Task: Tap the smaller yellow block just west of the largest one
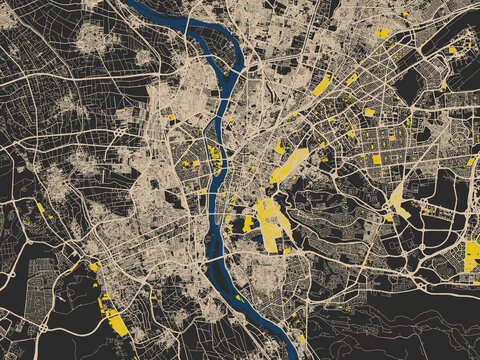point(247,223)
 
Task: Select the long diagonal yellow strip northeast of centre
point(289,165)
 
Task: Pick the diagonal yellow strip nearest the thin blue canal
point(321,86)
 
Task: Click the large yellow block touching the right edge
point(472,255)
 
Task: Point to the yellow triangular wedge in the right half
point(399,200)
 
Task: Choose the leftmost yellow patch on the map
point(40,208)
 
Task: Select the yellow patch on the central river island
point(213,153)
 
